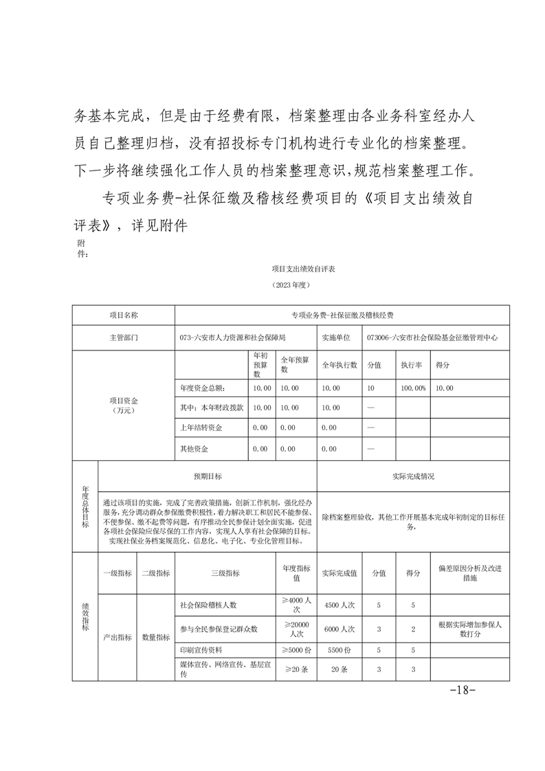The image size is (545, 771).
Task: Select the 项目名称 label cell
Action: tap(124, 315)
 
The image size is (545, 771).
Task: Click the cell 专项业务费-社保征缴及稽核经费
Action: tap(342, 315)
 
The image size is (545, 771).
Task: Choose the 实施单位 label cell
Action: tap(336, 338)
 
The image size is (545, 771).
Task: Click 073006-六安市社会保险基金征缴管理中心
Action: tap(432, 338)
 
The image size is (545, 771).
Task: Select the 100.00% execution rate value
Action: tap(414, 388)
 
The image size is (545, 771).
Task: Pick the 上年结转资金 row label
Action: tap(201, 427)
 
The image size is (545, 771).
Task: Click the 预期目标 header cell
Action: tap(208, 476)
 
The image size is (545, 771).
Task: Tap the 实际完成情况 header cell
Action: tap(413, 476)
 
